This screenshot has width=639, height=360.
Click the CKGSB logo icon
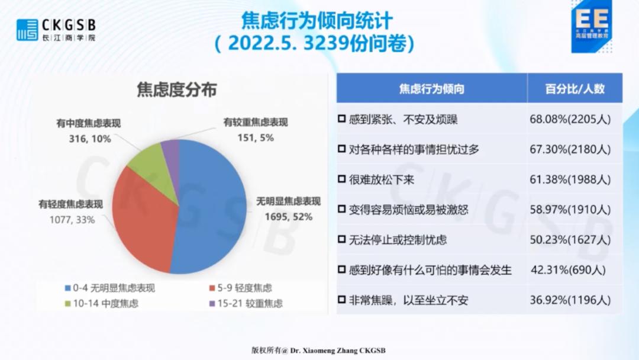[27, 30]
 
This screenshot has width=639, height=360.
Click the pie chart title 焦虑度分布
[176, 89]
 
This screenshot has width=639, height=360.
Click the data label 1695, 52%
[289, 217]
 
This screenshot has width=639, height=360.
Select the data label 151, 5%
[256, 138]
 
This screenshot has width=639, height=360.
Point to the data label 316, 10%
[90, 139]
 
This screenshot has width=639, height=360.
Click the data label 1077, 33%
[72, 220]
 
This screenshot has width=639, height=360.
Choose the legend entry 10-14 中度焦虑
[102, 303]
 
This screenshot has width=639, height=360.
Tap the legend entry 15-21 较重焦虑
[246, 303]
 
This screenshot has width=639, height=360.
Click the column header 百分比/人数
[575, 89]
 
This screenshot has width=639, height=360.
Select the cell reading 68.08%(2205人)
[570, 119]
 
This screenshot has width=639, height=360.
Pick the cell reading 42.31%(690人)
[568, 270]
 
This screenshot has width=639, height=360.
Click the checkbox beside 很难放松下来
[342, 179]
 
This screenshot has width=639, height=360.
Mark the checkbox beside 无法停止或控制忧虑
[342, 239]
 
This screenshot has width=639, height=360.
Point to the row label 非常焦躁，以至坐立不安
[408, 300]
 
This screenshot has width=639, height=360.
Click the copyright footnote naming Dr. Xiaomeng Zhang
[318, 350]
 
